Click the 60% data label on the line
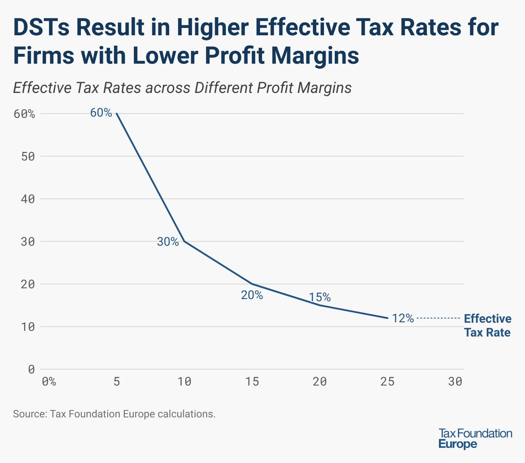point(101,113)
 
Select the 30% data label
point(168,242)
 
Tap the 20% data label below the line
point(252,295)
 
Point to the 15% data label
point(320,297)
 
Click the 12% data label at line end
point(403,318)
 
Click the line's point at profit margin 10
point(185,241)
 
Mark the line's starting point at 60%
point(117,114)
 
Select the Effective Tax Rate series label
point(488,325)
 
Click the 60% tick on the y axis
point(24,114)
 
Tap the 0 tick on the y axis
point(31,369)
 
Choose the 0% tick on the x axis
point(49,382)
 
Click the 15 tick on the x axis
point(252,382)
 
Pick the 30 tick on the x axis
point(455,382)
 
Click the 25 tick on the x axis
point(388,382)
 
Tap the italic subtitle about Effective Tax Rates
point(182,88)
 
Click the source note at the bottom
point(114,414)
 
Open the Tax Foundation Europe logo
point(475,438)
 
